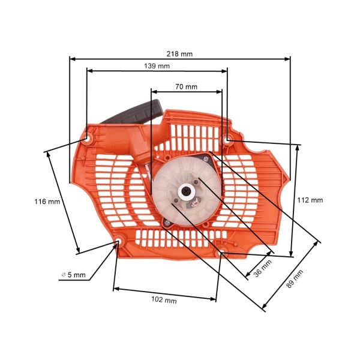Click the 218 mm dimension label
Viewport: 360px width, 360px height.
pos(180,53)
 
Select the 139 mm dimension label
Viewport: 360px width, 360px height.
pos(157,65)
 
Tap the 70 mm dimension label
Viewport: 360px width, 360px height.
pos(186,86)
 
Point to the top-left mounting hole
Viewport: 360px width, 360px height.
pos(88,140)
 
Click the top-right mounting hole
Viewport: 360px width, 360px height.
pos(228,140)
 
